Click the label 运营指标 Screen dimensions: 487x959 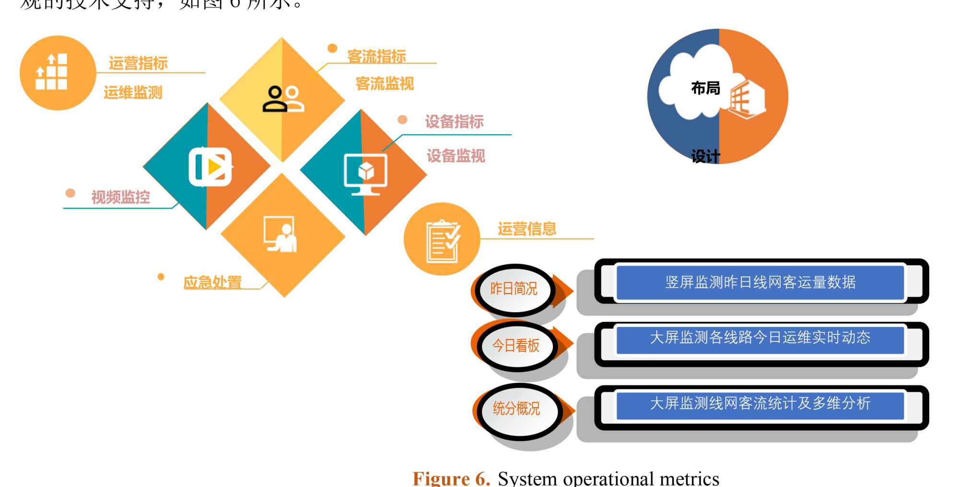pos(138,63)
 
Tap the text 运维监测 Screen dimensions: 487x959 pos(133,92)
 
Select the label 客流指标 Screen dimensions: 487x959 pos(376,57)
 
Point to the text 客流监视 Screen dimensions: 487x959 pos(385,84)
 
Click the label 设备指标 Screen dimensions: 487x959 pos(454,122)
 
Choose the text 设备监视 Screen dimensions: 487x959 pos(456,156)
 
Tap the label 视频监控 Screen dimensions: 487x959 pos(120,197)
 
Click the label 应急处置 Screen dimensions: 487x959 pos(212,282)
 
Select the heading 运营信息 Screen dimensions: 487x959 pos(526,229)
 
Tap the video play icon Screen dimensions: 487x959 pos(210,167)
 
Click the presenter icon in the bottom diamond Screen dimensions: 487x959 pos(281,234)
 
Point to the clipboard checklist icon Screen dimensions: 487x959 pos(443,241)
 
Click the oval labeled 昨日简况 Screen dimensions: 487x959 pos(514,289)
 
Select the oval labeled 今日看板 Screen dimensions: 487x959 pos(515,346)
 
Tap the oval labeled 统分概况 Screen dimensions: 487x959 pos(516,408)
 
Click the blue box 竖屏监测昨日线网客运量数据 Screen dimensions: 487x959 pos(760,283)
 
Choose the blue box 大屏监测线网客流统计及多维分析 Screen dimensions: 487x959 pos(760,404)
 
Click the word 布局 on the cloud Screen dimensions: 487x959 pos(705,88)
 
